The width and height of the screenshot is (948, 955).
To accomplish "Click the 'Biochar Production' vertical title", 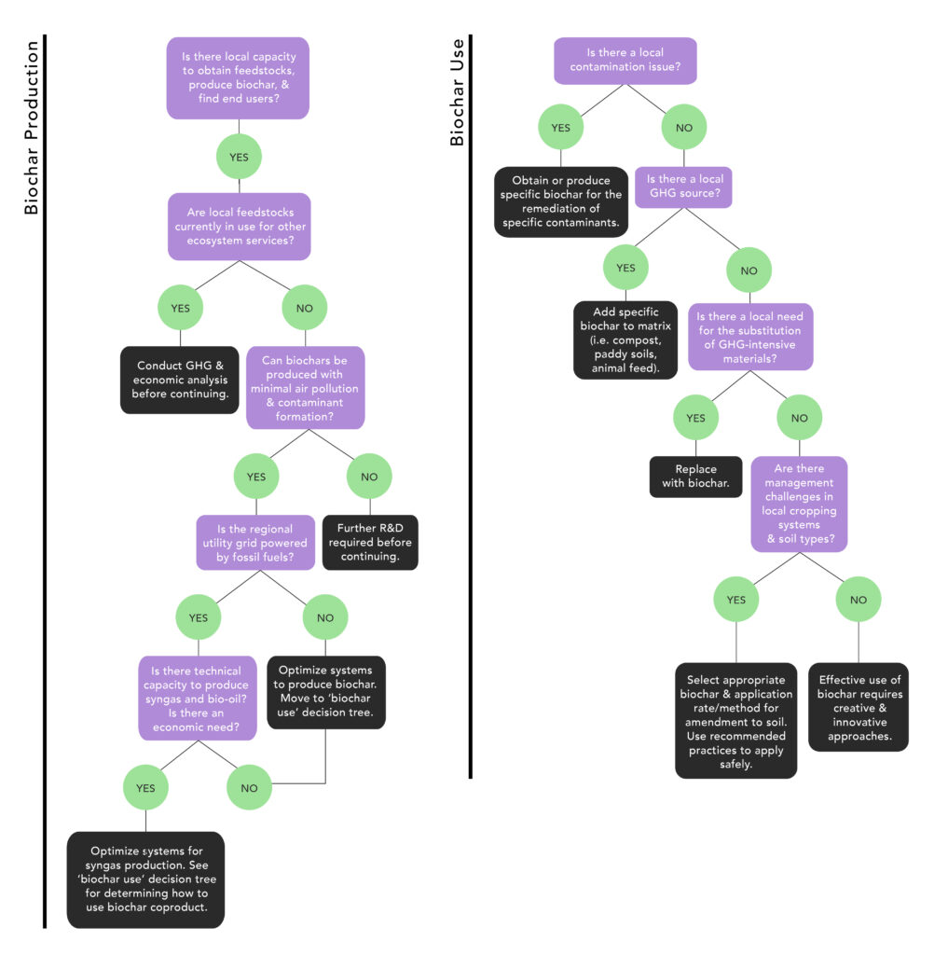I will coord(31,128).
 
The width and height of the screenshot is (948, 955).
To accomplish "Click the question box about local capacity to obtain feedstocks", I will coord(238,78).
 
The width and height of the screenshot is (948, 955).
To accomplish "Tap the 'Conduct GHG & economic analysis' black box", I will coord(179,380).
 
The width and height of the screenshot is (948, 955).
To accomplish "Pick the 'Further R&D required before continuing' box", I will coord(370,543).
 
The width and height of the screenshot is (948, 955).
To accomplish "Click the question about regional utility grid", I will coord(254,543).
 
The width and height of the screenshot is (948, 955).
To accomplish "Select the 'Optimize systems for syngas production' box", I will coord(145,879).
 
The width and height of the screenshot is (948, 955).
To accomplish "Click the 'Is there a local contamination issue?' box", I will coord(625,61).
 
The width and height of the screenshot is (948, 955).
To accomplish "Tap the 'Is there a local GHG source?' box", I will coord(683,187).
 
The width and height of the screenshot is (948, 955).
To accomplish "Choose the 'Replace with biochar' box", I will coord(695,477).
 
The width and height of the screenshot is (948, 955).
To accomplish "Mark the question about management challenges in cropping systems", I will coord(800,504).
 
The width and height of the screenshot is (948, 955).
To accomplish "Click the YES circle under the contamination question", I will coord(561,128).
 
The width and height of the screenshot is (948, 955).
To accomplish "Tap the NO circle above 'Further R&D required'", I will coord(370,477).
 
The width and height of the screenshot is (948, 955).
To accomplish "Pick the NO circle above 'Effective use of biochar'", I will coord(859,600).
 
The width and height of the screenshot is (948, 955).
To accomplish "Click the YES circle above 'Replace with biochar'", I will coord(695,418).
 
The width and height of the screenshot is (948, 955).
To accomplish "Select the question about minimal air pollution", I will coord(305,387).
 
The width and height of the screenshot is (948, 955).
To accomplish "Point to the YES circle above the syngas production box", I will coord(145,788).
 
